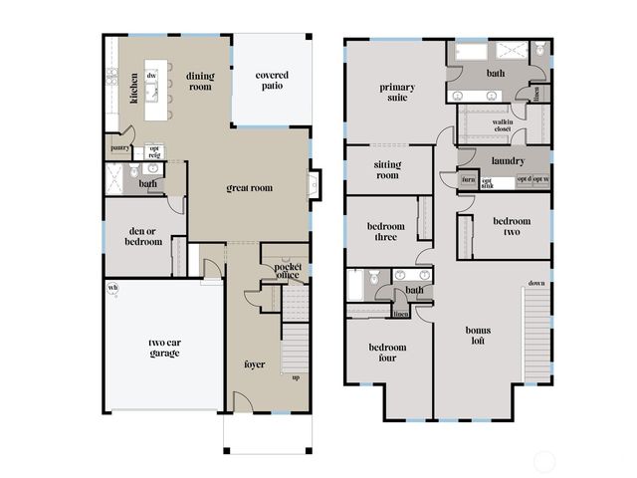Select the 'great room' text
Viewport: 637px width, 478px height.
(249, 187)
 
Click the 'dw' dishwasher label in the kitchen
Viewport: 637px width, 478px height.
(151, 76)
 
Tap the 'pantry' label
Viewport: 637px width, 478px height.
(120, 148)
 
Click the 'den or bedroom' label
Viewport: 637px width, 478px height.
(143, 236)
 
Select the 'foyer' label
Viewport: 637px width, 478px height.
(255, 363)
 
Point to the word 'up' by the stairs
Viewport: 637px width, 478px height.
(295, 377)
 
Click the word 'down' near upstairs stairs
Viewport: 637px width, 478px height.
(536, 283)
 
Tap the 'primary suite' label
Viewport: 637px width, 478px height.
(397, 93)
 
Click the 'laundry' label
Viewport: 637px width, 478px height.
(508, 159)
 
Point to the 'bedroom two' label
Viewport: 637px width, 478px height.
(512, 226)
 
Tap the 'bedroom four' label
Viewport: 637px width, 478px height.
(387, 352)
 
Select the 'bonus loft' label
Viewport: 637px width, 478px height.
(478, 335)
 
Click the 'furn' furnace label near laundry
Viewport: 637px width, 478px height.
(468, 180)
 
